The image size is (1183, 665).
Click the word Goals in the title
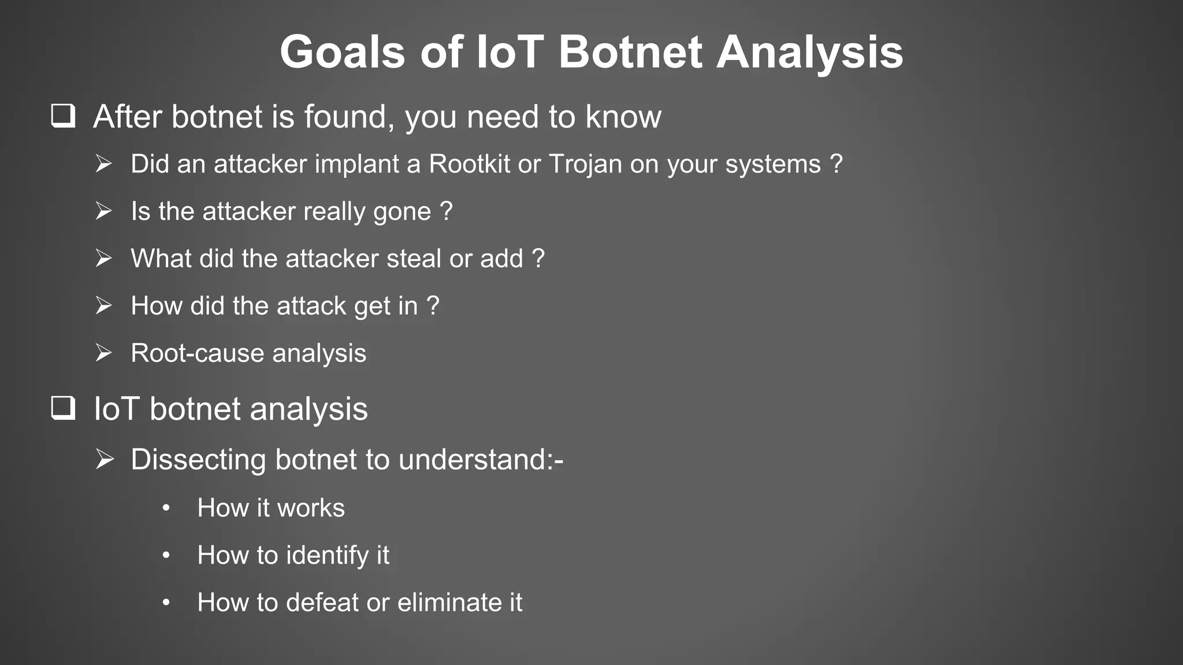pos(343,53)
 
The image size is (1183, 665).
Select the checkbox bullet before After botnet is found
pos(63,115)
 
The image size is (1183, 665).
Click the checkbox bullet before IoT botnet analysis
pos(63,408)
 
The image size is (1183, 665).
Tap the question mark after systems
pos(836,163)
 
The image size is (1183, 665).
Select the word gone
pos(402,212)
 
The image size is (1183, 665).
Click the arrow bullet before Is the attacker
pos(104,211)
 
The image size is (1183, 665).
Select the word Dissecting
pos(198,460)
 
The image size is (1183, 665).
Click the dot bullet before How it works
pos(166,508)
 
